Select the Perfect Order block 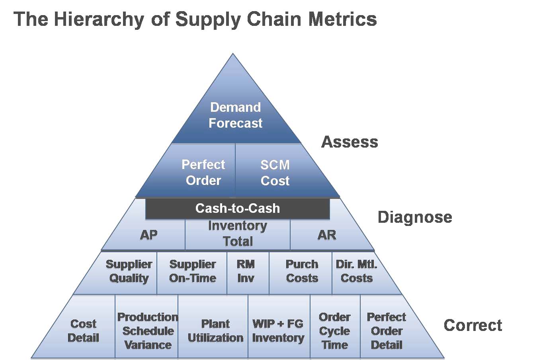(203, 172)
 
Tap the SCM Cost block (275, 173)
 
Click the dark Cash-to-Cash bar (237, 208)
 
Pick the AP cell (149, 235)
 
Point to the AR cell (326, 235)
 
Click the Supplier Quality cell (129, 271)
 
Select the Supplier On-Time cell (192, 271)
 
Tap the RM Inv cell (246, 271)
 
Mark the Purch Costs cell (302, 271)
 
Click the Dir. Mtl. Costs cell (357, 271)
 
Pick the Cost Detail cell (83, 331)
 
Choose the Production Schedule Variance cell (147, 331)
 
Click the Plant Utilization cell (215, 331)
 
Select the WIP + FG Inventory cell (278, 331)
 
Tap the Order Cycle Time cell (335, 331)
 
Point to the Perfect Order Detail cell (386, 331)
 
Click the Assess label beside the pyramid (350, 142)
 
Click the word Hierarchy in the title (99, 19)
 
